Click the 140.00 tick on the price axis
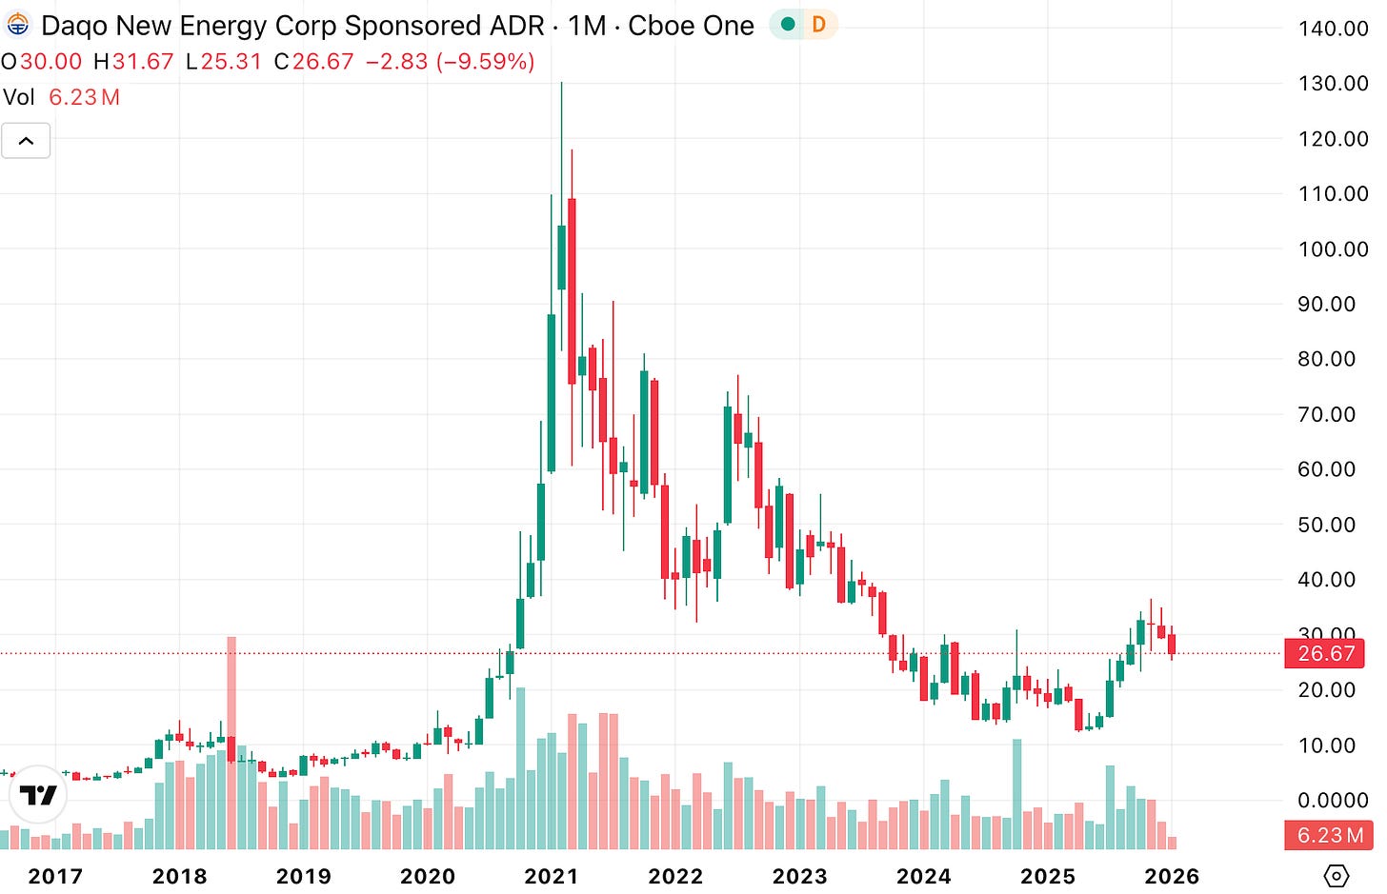1332,29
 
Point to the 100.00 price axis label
1332,249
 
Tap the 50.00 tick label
1326,525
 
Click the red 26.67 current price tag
1325,654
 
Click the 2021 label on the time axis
552,876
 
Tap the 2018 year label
179,876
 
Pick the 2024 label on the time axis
923,876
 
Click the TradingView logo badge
38,795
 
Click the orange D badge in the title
818,25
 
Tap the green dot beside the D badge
788,25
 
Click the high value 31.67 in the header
143,62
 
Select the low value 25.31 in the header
231,62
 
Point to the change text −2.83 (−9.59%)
450,62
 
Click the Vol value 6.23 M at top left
84,97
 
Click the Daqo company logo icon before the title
17,26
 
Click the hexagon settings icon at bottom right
1337,876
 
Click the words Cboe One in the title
691,26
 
